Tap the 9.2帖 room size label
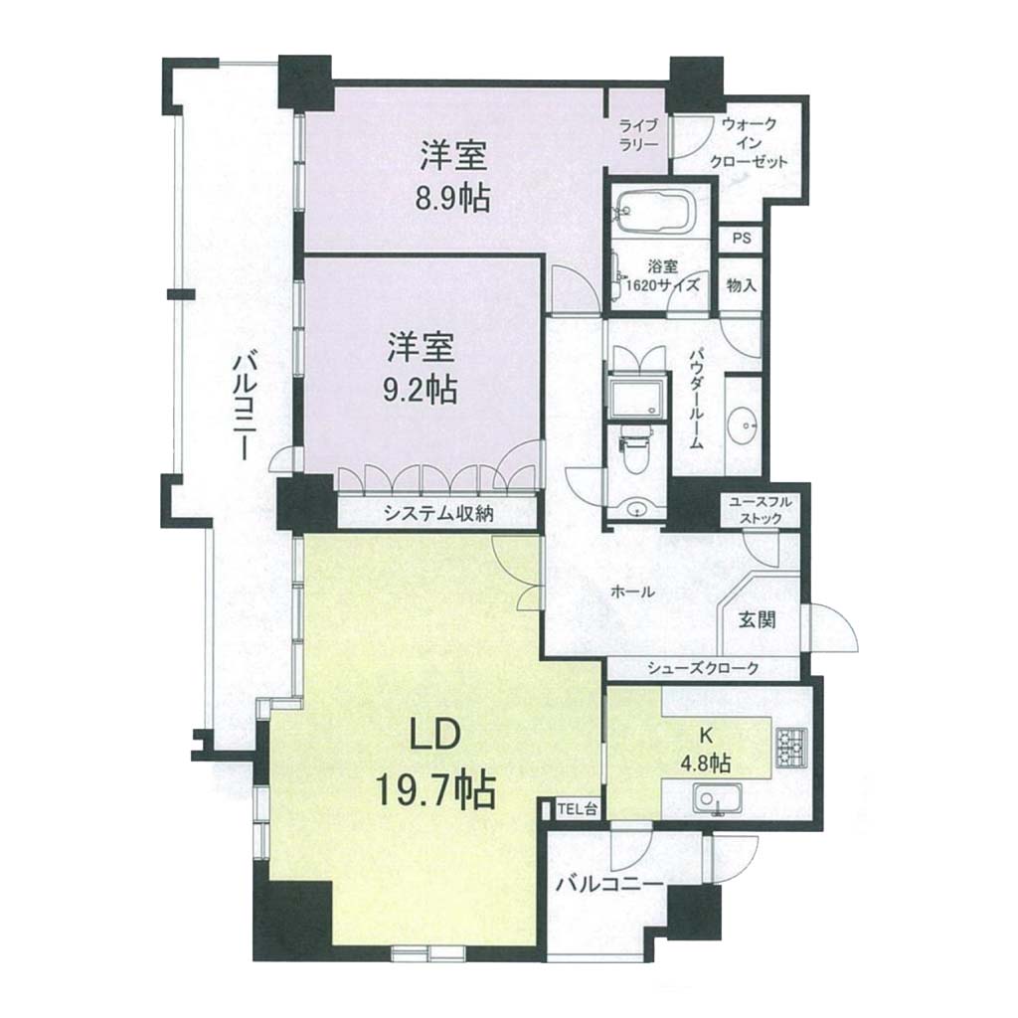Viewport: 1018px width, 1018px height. click(422, 390)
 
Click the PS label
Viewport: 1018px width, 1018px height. click(742, 239)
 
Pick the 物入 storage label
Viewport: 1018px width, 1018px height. click(742, 284)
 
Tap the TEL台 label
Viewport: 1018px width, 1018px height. click(574, 809)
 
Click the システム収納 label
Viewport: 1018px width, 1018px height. click(438, 514)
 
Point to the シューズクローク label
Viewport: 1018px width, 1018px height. click(703, 667)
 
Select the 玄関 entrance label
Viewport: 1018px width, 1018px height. click(758, 620)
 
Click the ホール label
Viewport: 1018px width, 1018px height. click(632, 593)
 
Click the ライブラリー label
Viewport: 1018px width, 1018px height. click(638, 134)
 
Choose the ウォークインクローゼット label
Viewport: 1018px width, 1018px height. click(748, 143)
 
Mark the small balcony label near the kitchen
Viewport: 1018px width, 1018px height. click(609, 884)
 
